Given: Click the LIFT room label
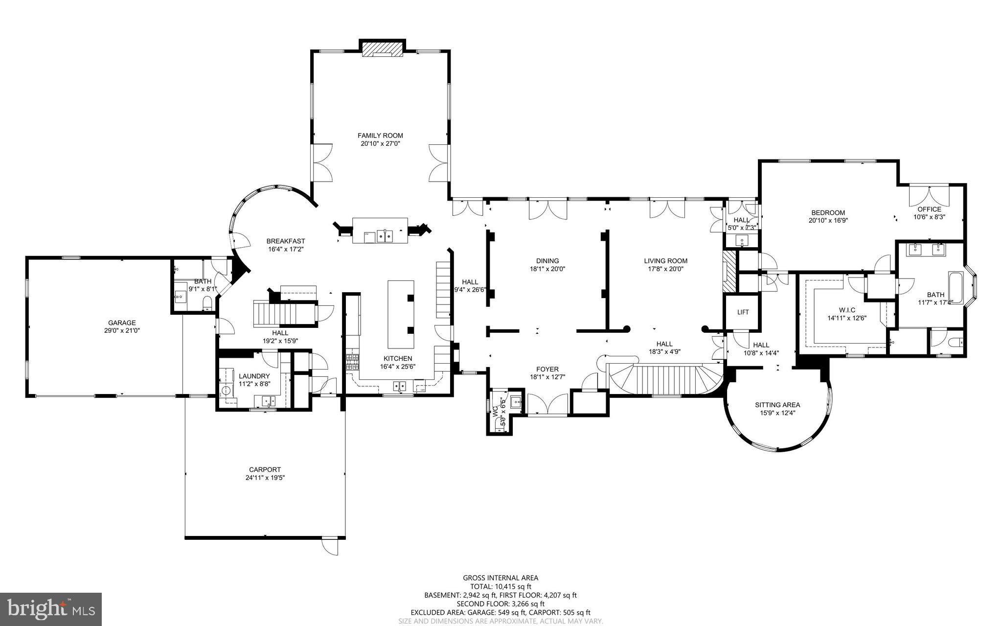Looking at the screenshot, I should point(743,312).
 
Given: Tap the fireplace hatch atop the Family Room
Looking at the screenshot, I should point(382,49).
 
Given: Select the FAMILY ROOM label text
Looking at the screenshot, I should point(380,136).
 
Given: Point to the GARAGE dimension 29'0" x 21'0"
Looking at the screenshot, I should point(122,331).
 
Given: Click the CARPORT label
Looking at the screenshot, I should point(265,470).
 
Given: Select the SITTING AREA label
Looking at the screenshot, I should point(777,405).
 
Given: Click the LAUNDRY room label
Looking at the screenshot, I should point(254,376).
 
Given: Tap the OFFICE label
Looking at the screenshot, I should point(929,209).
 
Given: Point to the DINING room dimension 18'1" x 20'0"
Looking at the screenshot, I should point(547,269).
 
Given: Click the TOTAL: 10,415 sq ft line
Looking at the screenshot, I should point(501,586).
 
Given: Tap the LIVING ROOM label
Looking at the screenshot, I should point(665,261).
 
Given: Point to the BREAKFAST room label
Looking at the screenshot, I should point(286,241).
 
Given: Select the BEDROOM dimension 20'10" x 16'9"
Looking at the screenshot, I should point(828,220).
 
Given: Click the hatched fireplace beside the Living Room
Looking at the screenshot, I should point(729,272).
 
